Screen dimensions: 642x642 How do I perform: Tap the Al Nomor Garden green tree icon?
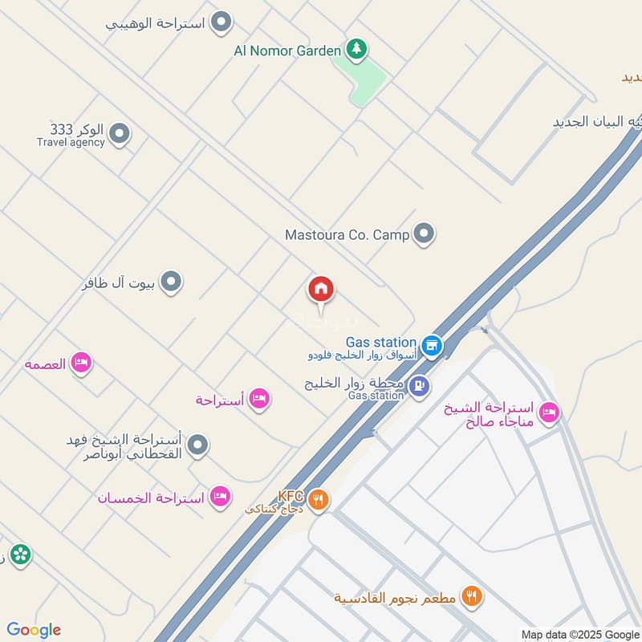[356, 50]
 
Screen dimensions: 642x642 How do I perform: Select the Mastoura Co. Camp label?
[347, 235]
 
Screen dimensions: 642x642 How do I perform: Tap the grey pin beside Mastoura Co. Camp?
[424, 234]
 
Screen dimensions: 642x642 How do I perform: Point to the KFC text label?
[289, 496]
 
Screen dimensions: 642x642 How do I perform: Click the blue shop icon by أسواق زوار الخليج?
[432, 345]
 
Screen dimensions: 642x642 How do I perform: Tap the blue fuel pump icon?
[418, 387]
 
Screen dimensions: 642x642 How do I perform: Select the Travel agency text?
[71, 142]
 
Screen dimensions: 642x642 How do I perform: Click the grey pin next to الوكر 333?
[120, 134]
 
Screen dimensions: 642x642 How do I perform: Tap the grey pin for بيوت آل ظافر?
[170, 282]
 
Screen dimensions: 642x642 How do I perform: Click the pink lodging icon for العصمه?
[80, 364]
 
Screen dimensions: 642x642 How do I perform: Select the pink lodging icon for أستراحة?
[258, 398]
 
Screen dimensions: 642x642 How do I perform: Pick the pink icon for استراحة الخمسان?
[219, 498]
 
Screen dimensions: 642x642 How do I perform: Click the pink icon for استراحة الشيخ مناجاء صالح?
[549, 412]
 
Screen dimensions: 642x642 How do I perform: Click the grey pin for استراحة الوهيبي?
[221, 23]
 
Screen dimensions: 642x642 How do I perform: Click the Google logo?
[34, 630]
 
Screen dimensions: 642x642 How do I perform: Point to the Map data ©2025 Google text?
[579, 634]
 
